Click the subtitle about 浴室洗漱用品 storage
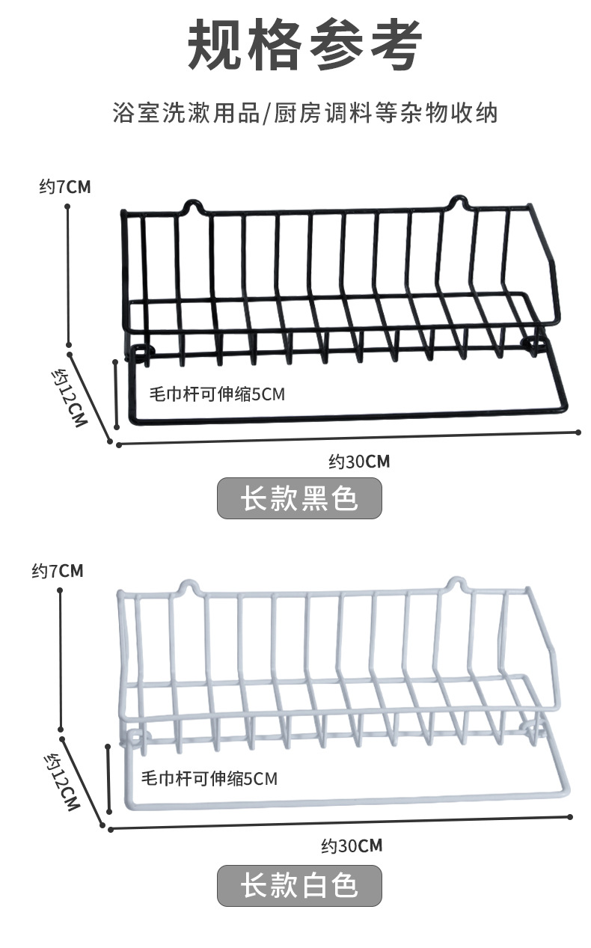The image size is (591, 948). tap(304, 113)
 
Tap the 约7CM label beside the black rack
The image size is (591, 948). tap(65, 186)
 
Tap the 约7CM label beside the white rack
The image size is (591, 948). tap(58, 571)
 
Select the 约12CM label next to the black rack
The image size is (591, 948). tap(70, 396)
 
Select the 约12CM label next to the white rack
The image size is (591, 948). tap(62, 782)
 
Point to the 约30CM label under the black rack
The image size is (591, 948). tap(359, 461)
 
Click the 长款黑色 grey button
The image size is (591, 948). tap(299, 498)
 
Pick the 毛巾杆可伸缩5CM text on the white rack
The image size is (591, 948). tap(210, 778)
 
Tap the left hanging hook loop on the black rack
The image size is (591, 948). tap(193, 205)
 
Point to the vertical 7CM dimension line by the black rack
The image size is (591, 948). tap(68, 274)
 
